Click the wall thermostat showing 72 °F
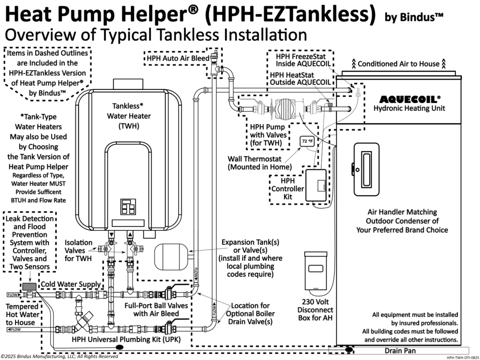(307, 141)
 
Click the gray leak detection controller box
(29, 286)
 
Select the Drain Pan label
(401, 350)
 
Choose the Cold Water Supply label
(71, 285)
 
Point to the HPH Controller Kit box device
(318, 186)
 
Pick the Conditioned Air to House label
(398, 63)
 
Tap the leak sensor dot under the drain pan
(349, 350)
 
